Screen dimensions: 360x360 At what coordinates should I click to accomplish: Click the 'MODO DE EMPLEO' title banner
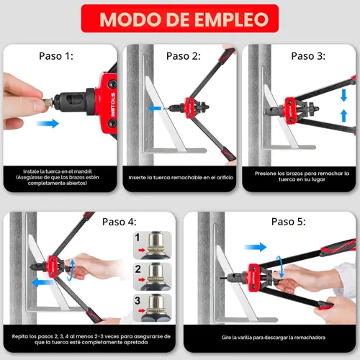(180, 19)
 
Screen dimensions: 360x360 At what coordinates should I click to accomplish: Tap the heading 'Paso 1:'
(56, 56)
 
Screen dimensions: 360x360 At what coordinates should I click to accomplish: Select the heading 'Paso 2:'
(184, 56)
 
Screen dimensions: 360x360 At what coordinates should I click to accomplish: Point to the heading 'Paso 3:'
(308, 56)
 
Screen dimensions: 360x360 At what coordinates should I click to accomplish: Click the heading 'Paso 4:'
(120, 222)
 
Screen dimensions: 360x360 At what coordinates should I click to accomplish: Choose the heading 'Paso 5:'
(289, 222)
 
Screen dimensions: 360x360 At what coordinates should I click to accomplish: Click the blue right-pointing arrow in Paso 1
(48, 124)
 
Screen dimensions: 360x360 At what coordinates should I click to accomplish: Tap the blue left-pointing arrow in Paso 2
(154, 108)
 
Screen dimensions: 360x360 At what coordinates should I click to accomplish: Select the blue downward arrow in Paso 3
(344, 95)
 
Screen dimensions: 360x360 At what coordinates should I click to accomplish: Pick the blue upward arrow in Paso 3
(344, 116)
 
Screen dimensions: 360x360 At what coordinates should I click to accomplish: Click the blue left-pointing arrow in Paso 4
(43, 282)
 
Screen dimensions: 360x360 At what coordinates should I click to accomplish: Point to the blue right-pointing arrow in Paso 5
(255, 247)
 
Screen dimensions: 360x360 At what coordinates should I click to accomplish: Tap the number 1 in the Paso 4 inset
(138, 238)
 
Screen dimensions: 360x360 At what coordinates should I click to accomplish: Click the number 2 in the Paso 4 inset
(138, 269)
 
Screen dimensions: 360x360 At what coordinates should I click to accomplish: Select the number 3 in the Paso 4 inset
(138, 300)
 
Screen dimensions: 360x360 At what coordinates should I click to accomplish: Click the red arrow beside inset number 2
(142, 279)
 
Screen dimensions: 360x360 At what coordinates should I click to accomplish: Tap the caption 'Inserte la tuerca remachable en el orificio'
(181, 178)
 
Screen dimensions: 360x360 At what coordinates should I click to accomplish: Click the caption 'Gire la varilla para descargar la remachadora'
(274, 338)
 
